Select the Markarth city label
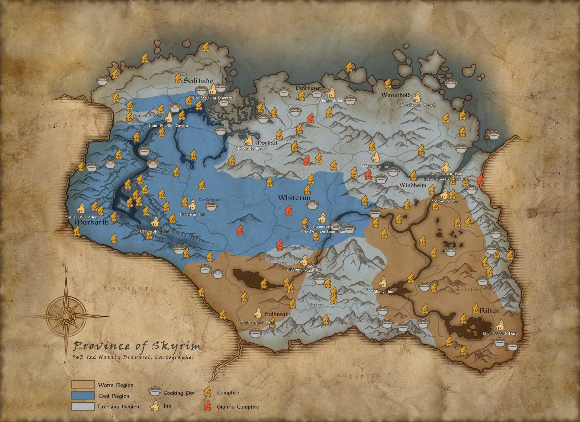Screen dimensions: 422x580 coord(91,222)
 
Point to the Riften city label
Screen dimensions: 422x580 coord(489,310)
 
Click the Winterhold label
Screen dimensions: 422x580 coord(396,95)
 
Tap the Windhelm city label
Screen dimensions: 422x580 coord(413,185)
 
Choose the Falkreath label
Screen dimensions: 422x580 coord(278,314)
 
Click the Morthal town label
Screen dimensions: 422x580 coord(266,142)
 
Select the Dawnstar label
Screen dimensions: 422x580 coord(308,88)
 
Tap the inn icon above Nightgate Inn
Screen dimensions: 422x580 coord(375,157)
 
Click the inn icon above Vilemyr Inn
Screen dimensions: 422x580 coord(383,282)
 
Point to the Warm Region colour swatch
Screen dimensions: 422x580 coord(83,385)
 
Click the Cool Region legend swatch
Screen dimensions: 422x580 coord(83,395)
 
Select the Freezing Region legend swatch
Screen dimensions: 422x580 coord(83,406)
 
